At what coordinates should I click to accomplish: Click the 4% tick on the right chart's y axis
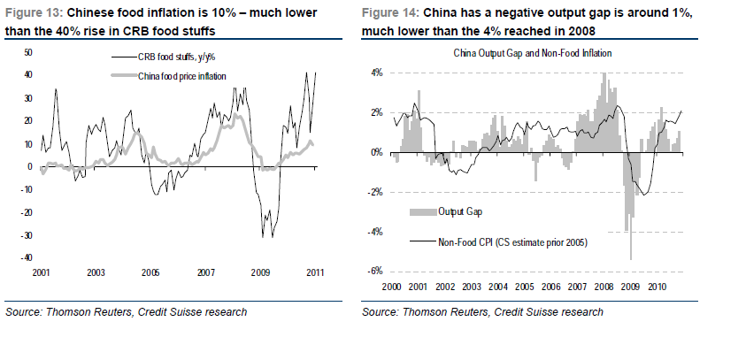pyautogui.click(x=376, y=73)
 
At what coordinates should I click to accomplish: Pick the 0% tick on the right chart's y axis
pyautogui.click(x=376, y=152)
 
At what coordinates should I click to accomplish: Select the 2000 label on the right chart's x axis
pyautogui.click(x=394, y=287)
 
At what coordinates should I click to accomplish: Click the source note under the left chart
pyautogui.click(x=127, y=312)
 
